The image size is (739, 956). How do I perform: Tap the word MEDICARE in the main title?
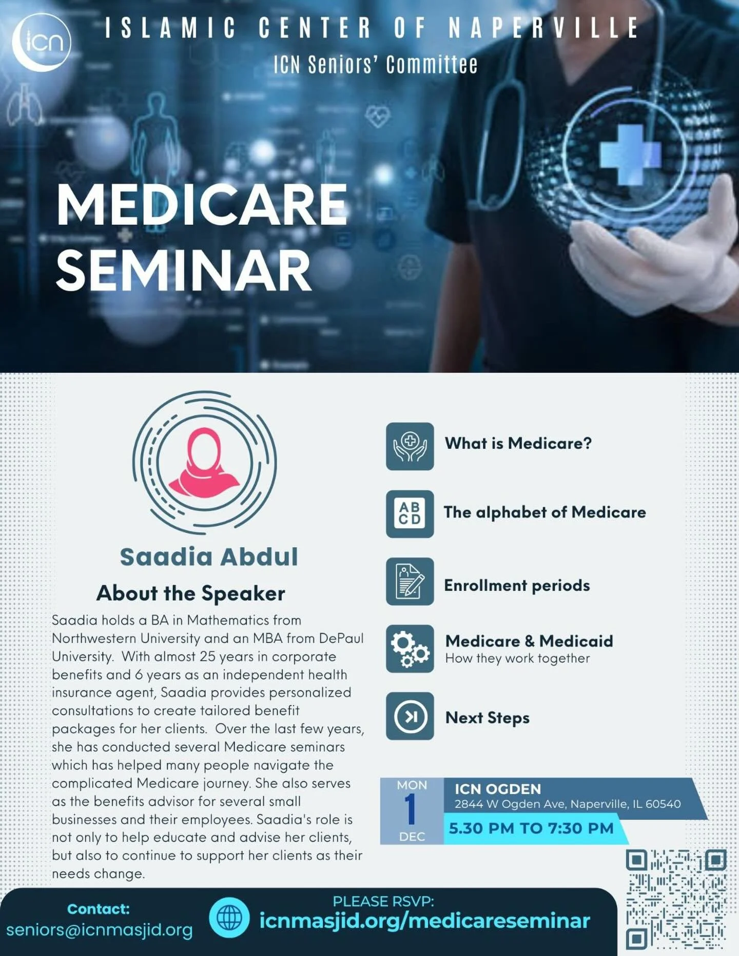202,205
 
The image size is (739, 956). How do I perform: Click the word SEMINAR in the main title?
184,270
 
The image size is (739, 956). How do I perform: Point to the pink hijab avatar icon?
205,462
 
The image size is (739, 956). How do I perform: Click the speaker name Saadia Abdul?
209,557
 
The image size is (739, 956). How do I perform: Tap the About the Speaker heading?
190,593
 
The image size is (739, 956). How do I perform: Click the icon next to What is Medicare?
410,446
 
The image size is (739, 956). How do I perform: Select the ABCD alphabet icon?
410,513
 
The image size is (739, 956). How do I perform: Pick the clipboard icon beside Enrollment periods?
410,581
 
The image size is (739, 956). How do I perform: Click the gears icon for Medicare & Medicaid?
410,649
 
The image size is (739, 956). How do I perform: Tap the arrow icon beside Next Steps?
410,716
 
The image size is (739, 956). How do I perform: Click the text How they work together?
517,659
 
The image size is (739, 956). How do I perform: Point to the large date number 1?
411,810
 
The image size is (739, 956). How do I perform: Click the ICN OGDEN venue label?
497,789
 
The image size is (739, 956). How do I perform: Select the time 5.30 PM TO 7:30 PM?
531,828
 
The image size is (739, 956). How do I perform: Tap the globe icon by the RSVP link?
229,918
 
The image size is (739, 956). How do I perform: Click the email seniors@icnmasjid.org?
100,930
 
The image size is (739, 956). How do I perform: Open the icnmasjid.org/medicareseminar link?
424,921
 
